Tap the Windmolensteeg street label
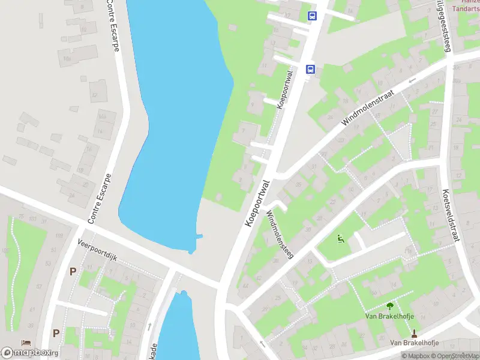coord(280,234)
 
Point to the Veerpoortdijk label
coord(97,250)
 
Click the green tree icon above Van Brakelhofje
coord(391,305)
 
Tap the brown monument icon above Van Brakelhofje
coord(414,333)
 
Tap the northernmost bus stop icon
coord(312,16)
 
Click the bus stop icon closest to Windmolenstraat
coord(310,69)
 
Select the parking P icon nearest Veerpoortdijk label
coord(73,271)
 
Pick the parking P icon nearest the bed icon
coord(56,333)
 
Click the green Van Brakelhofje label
coord(391,316)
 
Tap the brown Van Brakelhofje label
coord(414,343)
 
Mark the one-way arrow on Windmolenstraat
coord(412,80)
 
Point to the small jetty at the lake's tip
coord(199,236)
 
